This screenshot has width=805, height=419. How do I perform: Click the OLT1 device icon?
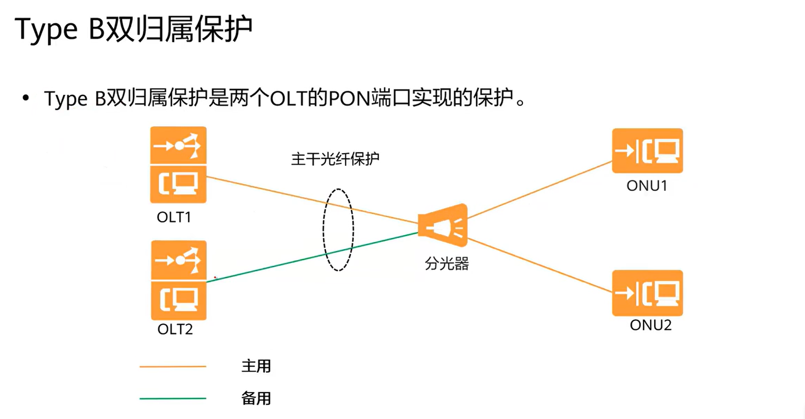178,165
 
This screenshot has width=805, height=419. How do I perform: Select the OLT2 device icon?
178,280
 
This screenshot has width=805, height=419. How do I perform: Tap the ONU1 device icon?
647,151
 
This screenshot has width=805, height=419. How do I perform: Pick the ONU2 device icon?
647,293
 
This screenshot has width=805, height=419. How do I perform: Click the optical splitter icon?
443,225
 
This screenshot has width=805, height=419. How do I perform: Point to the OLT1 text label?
174,217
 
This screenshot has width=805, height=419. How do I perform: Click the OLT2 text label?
175,329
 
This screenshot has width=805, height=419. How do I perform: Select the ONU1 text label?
647,186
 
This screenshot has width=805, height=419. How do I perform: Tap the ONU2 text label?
650,325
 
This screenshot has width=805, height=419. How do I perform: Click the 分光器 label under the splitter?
447,264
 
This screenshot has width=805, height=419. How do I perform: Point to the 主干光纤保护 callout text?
335,159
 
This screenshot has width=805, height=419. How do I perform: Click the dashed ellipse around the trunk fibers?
324,230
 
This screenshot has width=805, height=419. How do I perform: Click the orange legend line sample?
172,367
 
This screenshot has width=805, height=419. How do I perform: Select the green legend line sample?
172,398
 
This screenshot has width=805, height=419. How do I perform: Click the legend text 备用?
256,398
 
